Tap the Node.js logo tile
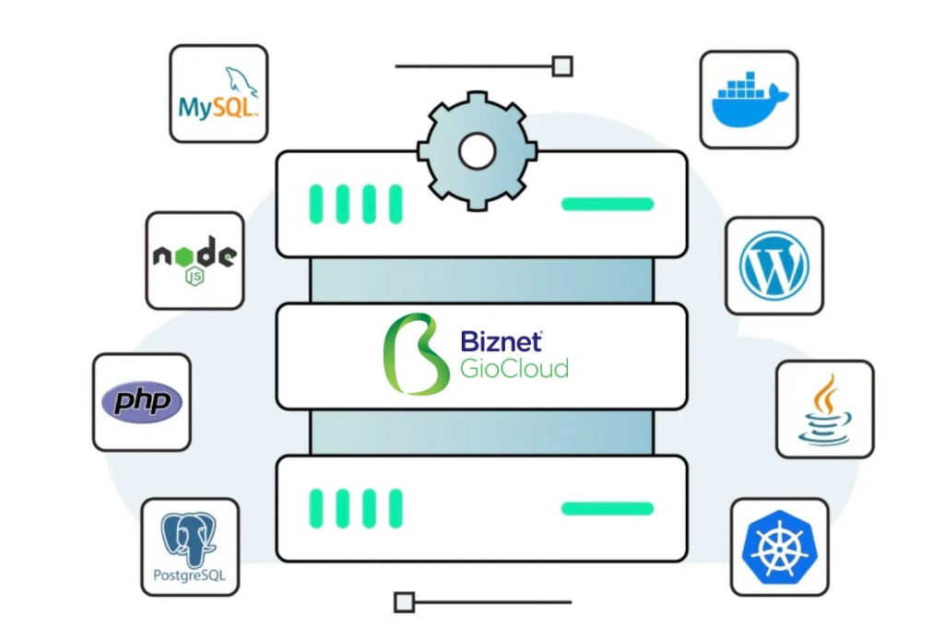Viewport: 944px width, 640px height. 195,260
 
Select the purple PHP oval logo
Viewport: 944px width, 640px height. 142,402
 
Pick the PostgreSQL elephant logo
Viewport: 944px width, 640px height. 189,538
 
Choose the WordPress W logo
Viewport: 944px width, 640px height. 774,266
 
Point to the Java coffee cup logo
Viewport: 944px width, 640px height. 824,409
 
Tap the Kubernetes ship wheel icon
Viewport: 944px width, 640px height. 779,547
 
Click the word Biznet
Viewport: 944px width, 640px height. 501,341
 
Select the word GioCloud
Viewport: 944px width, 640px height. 514,369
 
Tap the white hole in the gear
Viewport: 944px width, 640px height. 476,150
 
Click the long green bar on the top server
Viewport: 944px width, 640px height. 608,204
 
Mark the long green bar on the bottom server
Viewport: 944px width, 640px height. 608,508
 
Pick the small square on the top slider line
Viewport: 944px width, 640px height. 561,66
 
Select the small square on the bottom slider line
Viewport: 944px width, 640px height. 404,602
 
